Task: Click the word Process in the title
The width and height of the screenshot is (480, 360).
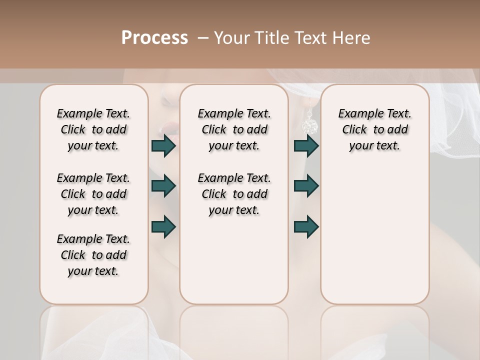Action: [x=154, y=38]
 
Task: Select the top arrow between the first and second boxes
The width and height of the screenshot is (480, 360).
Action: [x=163, y=146]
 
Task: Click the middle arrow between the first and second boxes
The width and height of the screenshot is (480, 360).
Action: [x=163, y=186]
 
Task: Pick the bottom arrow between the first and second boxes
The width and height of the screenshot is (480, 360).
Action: [x=163, y=226]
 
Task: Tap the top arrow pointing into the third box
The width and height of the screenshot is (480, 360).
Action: [x=306, y=146]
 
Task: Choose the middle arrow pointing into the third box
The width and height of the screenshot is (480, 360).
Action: [x=306, y=186]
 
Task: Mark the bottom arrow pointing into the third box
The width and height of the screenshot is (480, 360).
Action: [x=306, y=226]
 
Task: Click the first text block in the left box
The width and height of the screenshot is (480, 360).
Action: [x=93, y=129]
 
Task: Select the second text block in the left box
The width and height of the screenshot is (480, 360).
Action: [x=93, y=194]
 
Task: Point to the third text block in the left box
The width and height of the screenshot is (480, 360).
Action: [x=93, y=255]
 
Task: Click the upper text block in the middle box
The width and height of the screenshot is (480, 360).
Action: [x=234, y=129]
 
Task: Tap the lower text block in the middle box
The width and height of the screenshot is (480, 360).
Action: [x=234, y=194]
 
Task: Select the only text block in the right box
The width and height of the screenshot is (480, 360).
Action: [x=374, y=129]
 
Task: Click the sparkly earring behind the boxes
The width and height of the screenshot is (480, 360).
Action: [x=309, y=122]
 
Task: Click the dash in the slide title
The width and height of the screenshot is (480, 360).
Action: [x=202, y=38]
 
